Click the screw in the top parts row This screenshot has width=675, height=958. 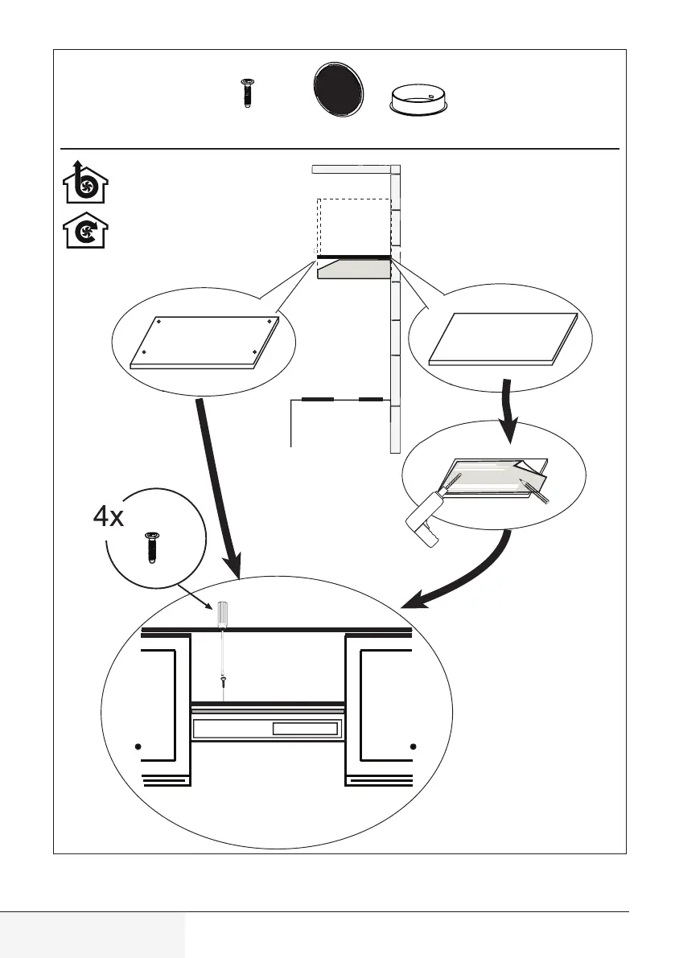click(246, 93)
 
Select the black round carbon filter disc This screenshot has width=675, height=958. click(337, 93)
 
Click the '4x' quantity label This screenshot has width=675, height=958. click(108, 516)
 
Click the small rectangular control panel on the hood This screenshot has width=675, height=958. click(304, 730)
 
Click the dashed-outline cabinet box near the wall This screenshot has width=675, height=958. click(353, 225)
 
